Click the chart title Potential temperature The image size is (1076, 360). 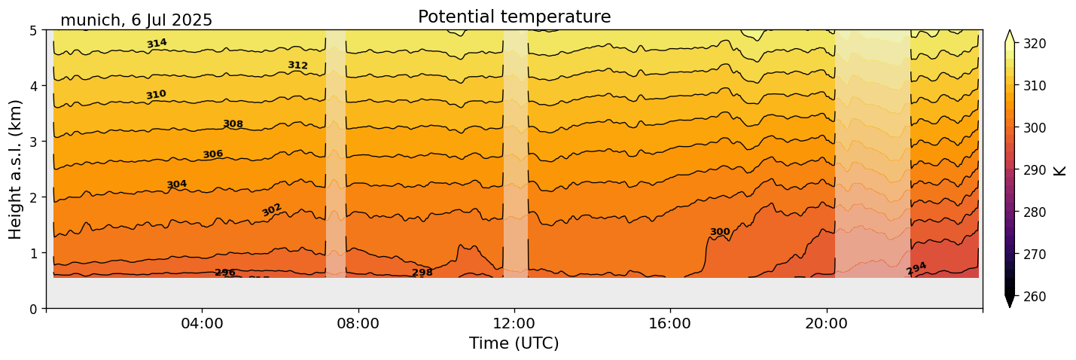(514, 17)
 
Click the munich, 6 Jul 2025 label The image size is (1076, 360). (136, 20)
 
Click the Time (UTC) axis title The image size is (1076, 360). (514, 343)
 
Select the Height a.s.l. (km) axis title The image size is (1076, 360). (16, 169)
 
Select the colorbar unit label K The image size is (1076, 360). (1060, 170)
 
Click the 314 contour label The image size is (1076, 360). (157, 44)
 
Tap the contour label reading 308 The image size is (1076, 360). (233, 124)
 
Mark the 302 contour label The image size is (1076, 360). (272, 209)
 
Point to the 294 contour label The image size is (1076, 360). (916, 269)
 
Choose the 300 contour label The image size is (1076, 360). (720, 232)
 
